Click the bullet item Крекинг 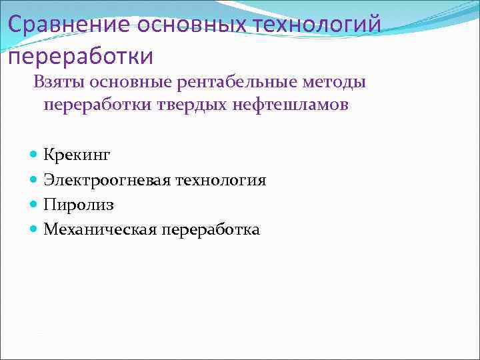[x=77, y=155]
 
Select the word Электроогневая [x=107, y=180]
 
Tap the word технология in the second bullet [x=221, y=180]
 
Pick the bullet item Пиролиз [x=79, y=205]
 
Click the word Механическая [x=100, y=230]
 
